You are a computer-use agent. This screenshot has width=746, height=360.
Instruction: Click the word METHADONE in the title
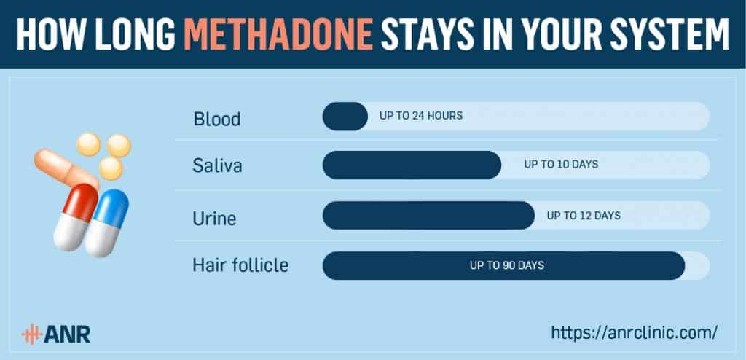click(278, 34)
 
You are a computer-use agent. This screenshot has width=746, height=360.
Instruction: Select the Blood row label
click(217, 119)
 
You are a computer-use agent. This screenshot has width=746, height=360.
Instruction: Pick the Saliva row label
click(217, 165)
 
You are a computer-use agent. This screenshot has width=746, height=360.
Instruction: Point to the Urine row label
click(215, 218)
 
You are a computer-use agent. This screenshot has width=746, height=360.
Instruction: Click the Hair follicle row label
click(240, 265)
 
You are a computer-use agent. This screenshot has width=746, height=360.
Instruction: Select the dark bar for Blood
click(345, 116)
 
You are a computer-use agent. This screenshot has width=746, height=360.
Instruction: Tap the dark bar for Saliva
click(412, 165)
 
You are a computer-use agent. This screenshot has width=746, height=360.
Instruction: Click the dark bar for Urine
click(428, 215)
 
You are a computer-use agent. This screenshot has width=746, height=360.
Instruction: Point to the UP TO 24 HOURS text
click(420, 116)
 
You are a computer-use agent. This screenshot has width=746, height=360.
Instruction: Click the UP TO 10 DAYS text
click(561, 164)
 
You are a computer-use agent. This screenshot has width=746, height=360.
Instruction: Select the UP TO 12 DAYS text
click(584, 216)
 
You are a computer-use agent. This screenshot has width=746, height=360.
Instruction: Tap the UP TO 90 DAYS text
click(507, 265)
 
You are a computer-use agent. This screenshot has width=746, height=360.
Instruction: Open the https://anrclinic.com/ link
click(635, 332)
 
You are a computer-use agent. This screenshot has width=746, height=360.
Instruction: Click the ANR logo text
click(67, 334)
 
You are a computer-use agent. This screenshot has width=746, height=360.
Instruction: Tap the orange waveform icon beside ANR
click(32, 334)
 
